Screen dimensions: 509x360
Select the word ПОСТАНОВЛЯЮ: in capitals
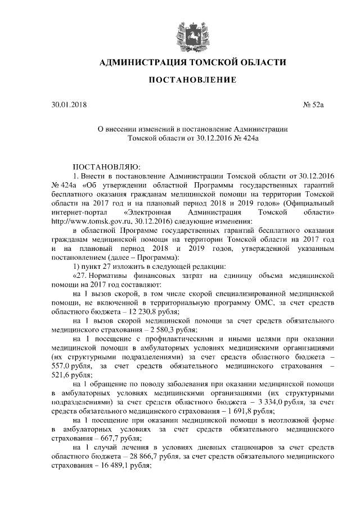102,166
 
